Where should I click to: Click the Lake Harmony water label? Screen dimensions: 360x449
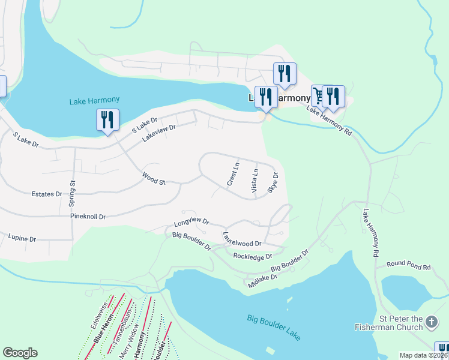(x=94, y=101)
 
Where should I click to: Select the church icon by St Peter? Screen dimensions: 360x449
(x=431, y=323)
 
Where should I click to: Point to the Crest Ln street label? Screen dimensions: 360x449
(x=233, y=173)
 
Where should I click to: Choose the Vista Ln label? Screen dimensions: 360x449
(x=255, y=180)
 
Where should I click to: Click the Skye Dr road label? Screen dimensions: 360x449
(x=273, y=182)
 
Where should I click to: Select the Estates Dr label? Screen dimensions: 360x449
(x=47, y=194)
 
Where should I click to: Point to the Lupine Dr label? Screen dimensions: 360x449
(x=23, y=238)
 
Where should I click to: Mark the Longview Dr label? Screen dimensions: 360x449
(x=191, y=223)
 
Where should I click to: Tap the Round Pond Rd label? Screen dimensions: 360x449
(x=408, y=265)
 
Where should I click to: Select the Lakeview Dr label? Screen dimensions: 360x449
(x=159, y=133)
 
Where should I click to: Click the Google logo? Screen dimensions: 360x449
(x=20, y=353)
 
